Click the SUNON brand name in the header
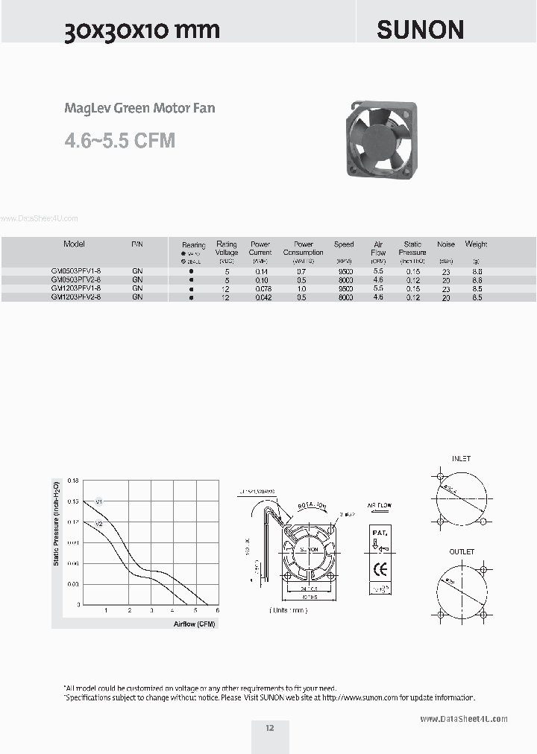(x=420, y=29)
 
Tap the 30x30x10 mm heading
(x=142, y=30)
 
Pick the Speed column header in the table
(x=344, y=244)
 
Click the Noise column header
(x=446, y=244)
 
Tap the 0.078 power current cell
(x=263, y=288)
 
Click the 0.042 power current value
(x=263, y=297)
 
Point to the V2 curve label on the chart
(x=98, y=524)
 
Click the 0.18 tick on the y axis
(x=72, y=481)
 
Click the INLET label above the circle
(x=461, y=459)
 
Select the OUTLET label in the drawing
(x=461, y=552)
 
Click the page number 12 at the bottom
(x=269, y=728)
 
